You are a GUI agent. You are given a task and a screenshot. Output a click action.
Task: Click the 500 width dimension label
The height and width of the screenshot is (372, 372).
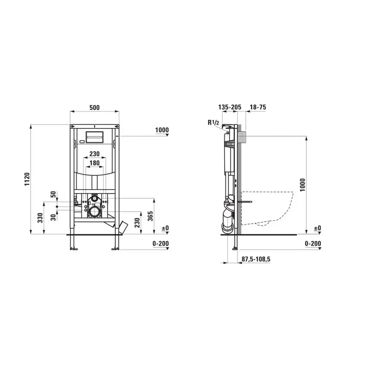pyautogui.click(x=95, y=108)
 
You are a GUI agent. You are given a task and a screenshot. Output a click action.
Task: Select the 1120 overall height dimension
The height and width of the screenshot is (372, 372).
pyautogui.click(x=27, y=179)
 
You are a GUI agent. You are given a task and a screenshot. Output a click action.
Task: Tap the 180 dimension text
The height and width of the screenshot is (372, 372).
pyautogui.click(x=95, y=163)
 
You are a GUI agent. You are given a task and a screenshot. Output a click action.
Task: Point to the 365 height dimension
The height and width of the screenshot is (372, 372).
pyautogui.click(x=150, y=216)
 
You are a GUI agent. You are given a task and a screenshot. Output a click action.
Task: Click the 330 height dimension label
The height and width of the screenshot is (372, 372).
pyautogui.click(x=40, y=218)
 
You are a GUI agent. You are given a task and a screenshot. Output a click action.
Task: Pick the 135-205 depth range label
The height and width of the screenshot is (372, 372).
pyautogui.click(x=230, y=107)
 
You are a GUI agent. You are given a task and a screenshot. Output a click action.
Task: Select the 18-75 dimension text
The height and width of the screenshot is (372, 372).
pyautogui.click(x=258, y=107)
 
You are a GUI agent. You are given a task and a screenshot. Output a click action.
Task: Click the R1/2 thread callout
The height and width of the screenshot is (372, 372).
pyautogui.click(x=213, y=122)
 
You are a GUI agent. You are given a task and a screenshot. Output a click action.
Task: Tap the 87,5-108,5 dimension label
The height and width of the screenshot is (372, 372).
pyautogui.click(x=256, y=259)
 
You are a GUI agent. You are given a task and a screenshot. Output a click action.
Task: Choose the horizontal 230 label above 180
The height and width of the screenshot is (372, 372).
pyautogui.click(x=95, y=154)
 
